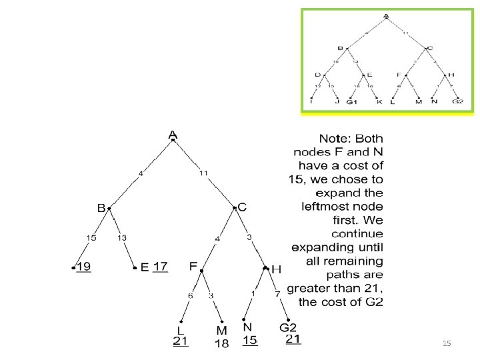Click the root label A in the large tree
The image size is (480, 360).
pyautogui.click(x=173, y=135)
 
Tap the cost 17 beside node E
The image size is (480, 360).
pyautogui.click(x=160, y=267)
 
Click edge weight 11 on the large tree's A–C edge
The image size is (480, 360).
pyautogui.click(x=204, y=173)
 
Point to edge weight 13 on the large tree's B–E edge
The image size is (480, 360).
pyautogui.click(x=124, y=237)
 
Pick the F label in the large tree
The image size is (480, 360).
pyautogui.click(x=193, y=266)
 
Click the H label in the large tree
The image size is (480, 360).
pyautogui.click(x=277, y=269)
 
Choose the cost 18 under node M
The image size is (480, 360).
pyautogui.click(x=222, y=343)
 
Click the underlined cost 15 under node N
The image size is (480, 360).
pyautogui.click(x=249, y=340)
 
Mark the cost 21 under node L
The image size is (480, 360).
pyautogui.click(x=180, y=341)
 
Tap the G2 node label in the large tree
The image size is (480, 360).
pyautogui.click(x=287, y=327)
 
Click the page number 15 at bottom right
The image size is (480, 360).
pyautogui.click(x=447, y=343)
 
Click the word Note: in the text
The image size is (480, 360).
pyautogui.click(x=337, y=139)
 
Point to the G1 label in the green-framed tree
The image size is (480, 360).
pyautogui.click(x=352, y=101)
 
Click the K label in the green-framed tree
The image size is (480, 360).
pyautogui.click(x=379, y=101)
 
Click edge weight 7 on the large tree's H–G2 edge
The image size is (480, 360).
pyautogui.click(x=277, y=294)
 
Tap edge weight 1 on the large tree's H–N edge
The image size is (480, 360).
pyautogui.click(x=253, y=293)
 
